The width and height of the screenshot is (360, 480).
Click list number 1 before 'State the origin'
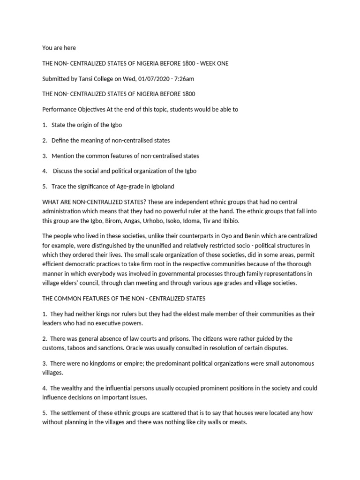click(44, 125)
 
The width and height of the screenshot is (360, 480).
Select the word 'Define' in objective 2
click(60, 140)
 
